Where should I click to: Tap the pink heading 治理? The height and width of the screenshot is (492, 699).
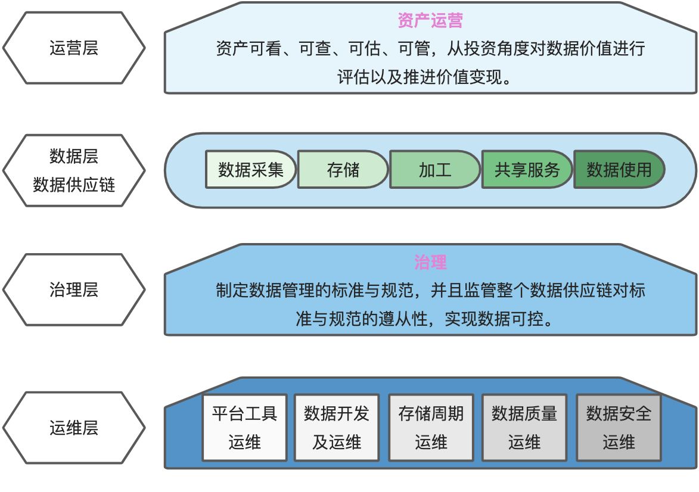pos(430,262)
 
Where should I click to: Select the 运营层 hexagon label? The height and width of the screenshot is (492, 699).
pos(74,48)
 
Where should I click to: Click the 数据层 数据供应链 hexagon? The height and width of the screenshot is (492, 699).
pos(74,170)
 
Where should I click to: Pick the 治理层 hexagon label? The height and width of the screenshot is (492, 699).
pos(74,290)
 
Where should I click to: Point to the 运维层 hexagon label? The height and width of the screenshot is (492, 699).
pos(74,428)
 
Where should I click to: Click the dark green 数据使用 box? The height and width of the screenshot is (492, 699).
pos(619,170)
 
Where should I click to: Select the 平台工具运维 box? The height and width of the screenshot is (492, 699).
pos(244,428)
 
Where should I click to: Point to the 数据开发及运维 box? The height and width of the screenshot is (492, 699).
pos(337,428)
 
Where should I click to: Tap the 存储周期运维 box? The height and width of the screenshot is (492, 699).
pos(431,428)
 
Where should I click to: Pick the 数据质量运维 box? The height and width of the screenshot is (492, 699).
pos(524,428)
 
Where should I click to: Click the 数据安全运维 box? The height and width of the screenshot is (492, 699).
pos(619,428)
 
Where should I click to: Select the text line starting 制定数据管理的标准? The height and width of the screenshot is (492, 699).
pos(430,291)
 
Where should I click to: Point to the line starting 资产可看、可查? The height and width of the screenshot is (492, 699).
pos(430,49)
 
